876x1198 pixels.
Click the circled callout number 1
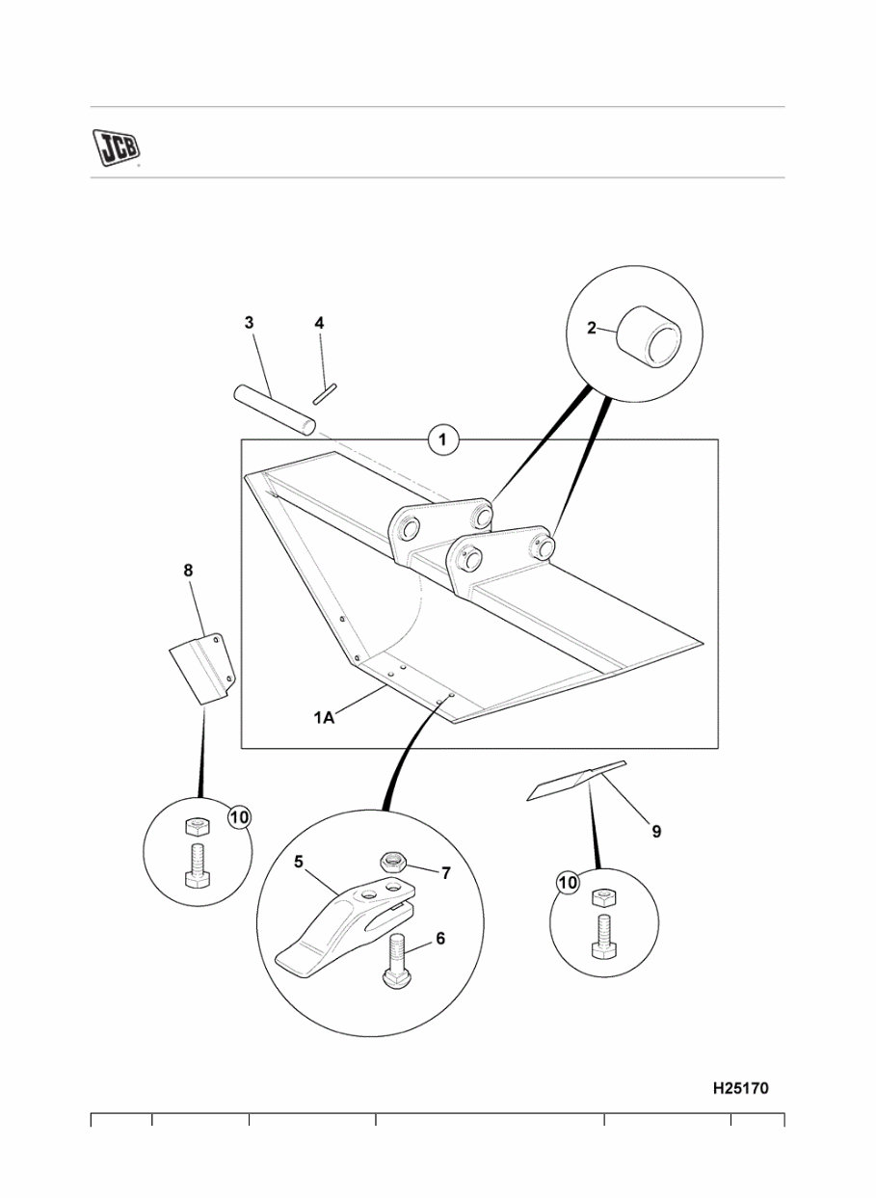pyautogui.click(x=442, y=441)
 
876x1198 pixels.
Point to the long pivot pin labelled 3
pyautogui.click(x=275, y=410)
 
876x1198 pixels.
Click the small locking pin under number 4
pyautogui.click(x=325, y=392)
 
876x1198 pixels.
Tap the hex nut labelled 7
pyautogui.click(x=392, y=860)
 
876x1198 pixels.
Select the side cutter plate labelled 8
pyautogui.click(x=201, y=669)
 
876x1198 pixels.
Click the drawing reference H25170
pyautogui.click(x=740, y=1088)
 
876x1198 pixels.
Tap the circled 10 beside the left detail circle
pyautogui.click(x=240, y=816)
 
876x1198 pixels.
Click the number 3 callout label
pyautogui.click(x=249, y=323)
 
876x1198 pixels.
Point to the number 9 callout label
pyautogui.click(x=656, y=831)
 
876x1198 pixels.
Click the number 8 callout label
pyautogui.click(x=188, y=571)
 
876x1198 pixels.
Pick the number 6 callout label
pyautogui.click(x=439, y=938)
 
